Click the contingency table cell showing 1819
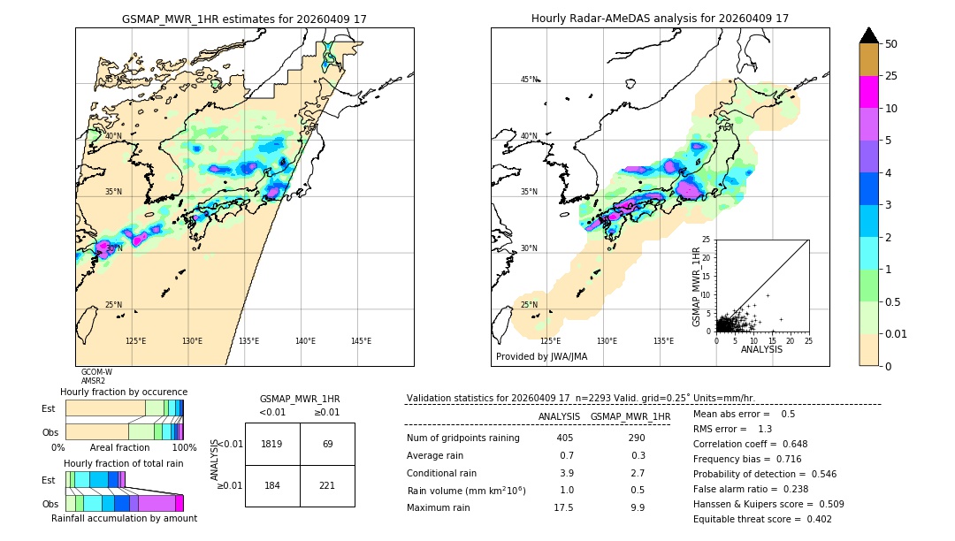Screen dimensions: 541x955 pos(272,444)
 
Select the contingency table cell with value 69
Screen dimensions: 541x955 pos(327,444)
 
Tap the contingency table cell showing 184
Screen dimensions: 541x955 pos(272,485)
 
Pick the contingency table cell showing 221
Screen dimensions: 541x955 pos(327,485)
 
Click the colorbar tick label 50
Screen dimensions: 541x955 pos(892,44)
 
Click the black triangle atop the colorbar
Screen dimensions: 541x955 pos(869,35)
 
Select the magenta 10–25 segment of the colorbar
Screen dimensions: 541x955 pos(869,92)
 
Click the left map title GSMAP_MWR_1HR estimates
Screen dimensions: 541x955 pos(244,19)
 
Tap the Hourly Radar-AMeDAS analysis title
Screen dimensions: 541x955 pos(660,19)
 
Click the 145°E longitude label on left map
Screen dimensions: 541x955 pos(361,341)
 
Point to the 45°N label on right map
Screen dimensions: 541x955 pos(529,80)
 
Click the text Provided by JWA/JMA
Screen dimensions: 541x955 pos(541,357)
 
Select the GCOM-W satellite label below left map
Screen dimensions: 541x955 pos(96,372)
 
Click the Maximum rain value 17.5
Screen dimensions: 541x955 pos(563,507)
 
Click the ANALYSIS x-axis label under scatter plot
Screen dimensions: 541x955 pos(761,349)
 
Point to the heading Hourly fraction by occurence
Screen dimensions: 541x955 pos(124,392)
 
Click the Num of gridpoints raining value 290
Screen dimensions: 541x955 pos(636,438)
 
